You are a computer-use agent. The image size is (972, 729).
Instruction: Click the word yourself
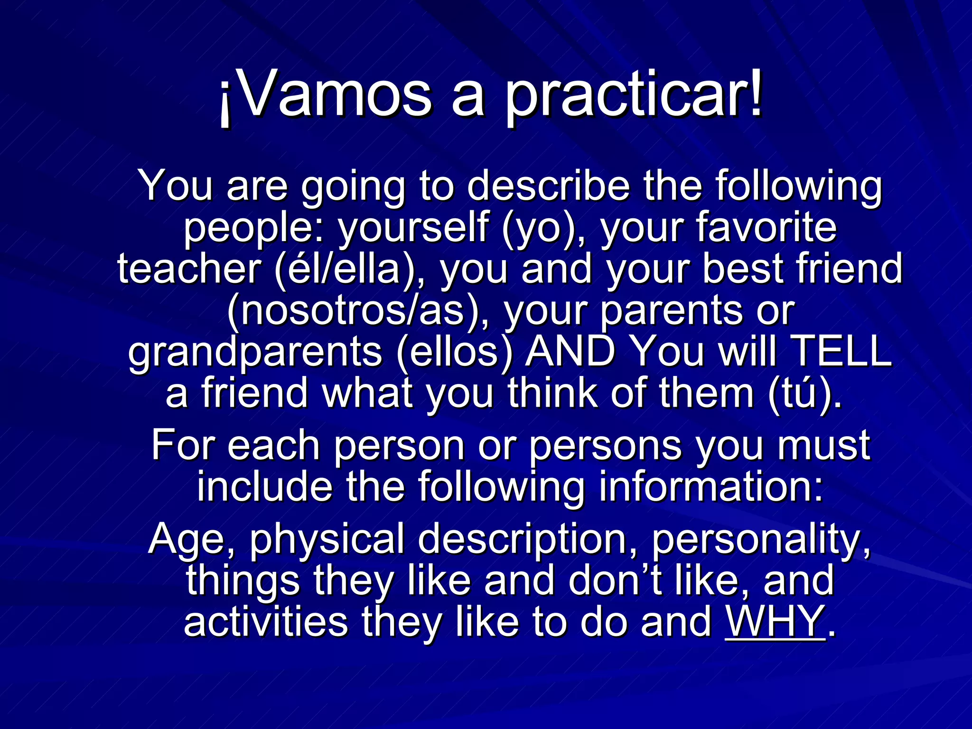[x=413, y=228]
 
